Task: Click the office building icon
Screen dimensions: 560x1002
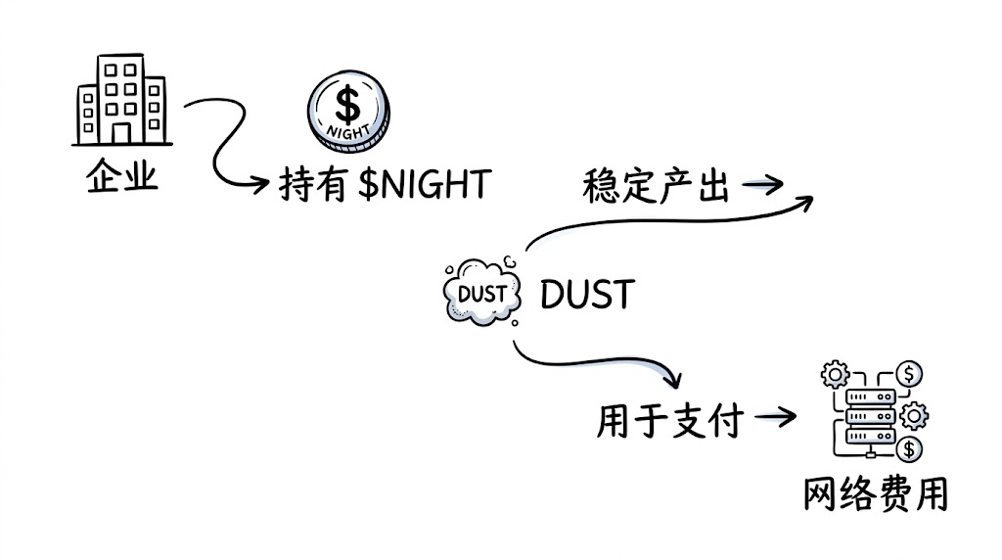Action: point(122,100)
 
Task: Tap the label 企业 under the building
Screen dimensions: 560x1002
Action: point(122,178)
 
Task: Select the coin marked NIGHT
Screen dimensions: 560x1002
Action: point(347,109)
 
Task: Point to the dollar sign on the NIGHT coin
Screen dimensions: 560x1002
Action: point(347,100)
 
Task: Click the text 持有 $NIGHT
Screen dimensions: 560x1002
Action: point(384,183)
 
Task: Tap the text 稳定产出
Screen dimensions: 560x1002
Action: point(656,186)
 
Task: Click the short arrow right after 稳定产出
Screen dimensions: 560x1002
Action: point(763,185)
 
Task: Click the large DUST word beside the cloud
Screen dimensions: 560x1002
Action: point(587,294)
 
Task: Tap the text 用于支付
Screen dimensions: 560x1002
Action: point(670,422)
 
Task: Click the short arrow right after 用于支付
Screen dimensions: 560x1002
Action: point(774,419)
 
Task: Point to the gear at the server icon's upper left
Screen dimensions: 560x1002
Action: point(835,374)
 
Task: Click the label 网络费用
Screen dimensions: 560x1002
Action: point(876,494)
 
